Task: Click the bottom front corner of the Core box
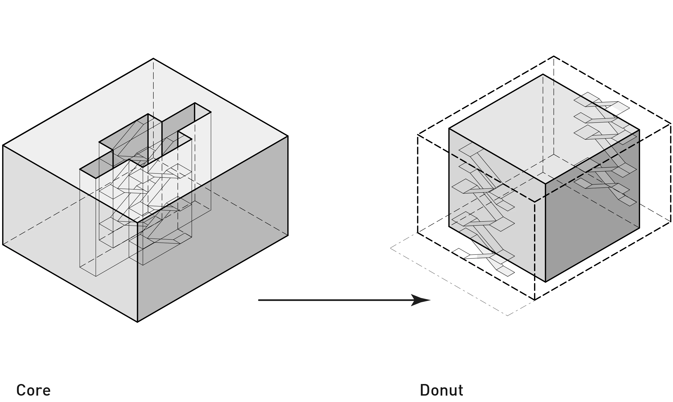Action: (x=137, y=321)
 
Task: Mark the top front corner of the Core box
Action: (x=137, y=222)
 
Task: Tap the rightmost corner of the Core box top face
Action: (x=287, y=136)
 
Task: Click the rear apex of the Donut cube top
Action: (x=543, y=75)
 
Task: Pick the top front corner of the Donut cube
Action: (x=545, y=184)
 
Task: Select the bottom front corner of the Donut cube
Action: (x=545, y=281)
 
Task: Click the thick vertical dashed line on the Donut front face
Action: (x=535, y=238)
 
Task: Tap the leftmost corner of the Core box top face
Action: (x=3, y=146)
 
